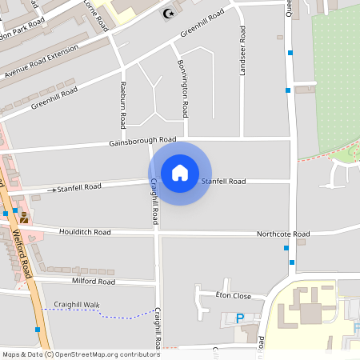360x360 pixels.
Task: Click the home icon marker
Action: pos(179,173)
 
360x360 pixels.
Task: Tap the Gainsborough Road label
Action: pos(142,142)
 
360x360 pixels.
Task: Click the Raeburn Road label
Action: pos(123,104)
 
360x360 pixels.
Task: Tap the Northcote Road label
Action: pos(282,234)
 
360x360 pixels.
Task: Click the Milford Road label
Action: pos(93,282)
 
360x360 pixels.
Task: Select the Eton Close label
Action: pos(234,295)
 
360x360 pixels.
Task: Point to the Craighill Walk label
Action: pos(77,305)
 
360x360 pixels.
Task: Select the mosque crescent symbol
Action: pos(167,13)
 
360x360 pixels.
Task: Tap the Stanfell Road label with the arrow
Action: pos(78,187)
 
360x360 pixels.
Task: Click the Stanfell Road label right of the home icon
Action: pos(223,182)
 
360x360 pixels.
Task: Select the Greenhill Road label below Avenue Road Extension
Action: pos(54,98)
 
